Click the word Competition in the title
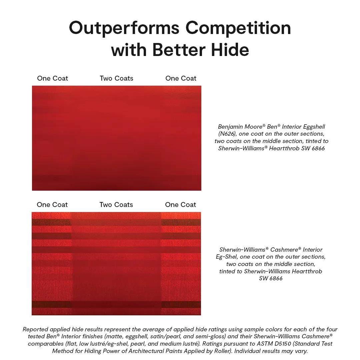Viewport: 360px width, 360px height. point(238,28)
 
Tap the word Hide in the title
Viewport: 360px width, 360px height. point(230,50)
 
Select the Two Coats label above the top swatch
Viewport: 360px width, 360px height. point(116,78)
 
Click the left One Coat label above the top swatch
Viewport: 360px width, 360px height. point(53,78)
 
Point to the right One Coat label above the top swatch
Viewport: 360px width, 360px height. point(181,78)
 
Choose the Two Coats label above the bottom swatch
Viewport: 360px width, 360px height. point(116,205)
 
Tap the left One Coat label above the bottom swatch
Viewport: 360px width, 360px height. point(52,205)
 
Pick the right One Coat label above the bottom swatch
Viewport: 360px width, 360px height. point(181,205)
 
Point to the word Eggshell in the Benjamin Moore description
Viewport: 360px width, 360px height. point(314,127)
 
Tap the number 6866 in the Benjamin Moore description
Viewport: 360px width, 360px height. point(318,148)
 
